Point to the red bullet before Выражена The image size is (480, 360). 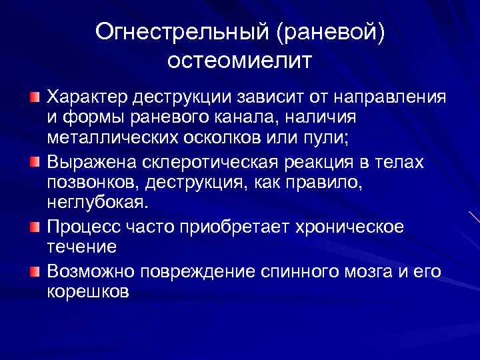coord(35,162)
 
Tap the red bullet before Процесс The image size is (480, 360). coord(35,227)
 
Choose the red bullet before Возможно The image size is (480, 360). coord(35,271)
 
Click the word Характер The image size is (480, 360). coord(85,97)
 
